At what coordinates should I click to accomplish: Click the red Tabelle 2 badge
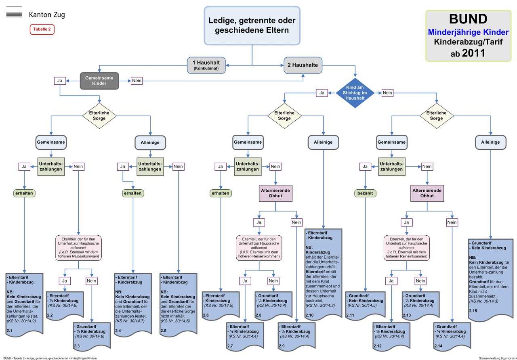tap(42, 29)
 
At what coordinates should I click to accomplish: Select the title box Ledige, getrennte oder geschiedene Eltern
tap(252, 25)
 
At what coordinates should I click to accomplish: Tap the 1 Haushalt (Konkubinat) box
tap(206, 65)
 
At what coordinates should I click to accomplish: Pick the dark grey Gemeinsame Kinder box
tap(99, 80)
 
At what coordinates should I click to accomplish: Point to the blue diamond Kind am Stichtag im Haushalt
tap(355, 93)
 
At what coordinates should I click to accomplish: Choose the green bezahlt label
tap(365, 193)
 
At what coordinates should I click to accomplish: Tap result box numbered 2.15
tap(490, 278)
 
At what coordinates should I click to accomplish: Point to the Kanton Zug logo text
tap(47, 15)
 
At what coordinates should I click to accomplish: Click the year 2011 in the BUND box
tap(474, 52)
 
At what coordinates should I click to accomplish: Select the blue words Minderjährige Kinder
tap(468, 31)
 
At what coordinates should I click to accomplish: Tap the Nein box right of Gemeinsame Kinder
tap(137, 81)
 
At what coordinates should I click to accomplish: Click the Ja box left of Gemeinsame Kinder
tap(60, 81)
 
